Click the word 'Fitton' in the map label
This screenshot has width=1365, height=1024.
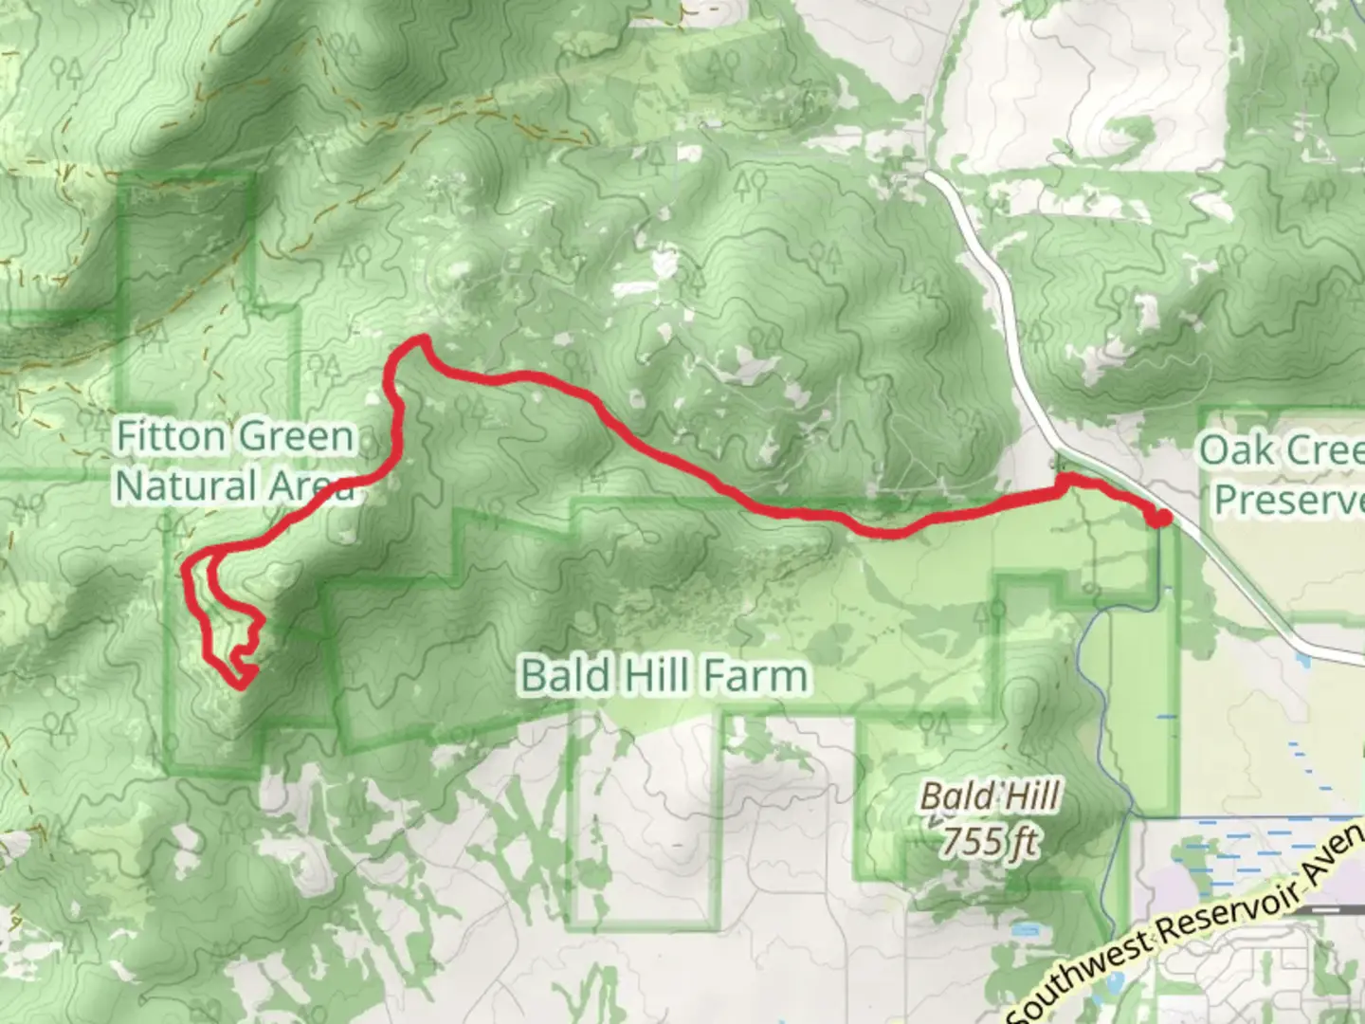pos(171,437)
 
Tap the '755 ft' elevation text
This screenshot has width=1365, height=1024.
pos(990,841)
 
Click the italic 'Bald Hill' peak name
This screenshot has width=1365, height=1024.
pos(990,796)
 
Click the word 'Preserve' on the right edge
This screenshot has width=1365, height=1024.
pos(1289,500)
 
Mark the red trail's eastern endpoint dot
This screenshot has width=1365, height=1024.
pos(1159,517)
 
